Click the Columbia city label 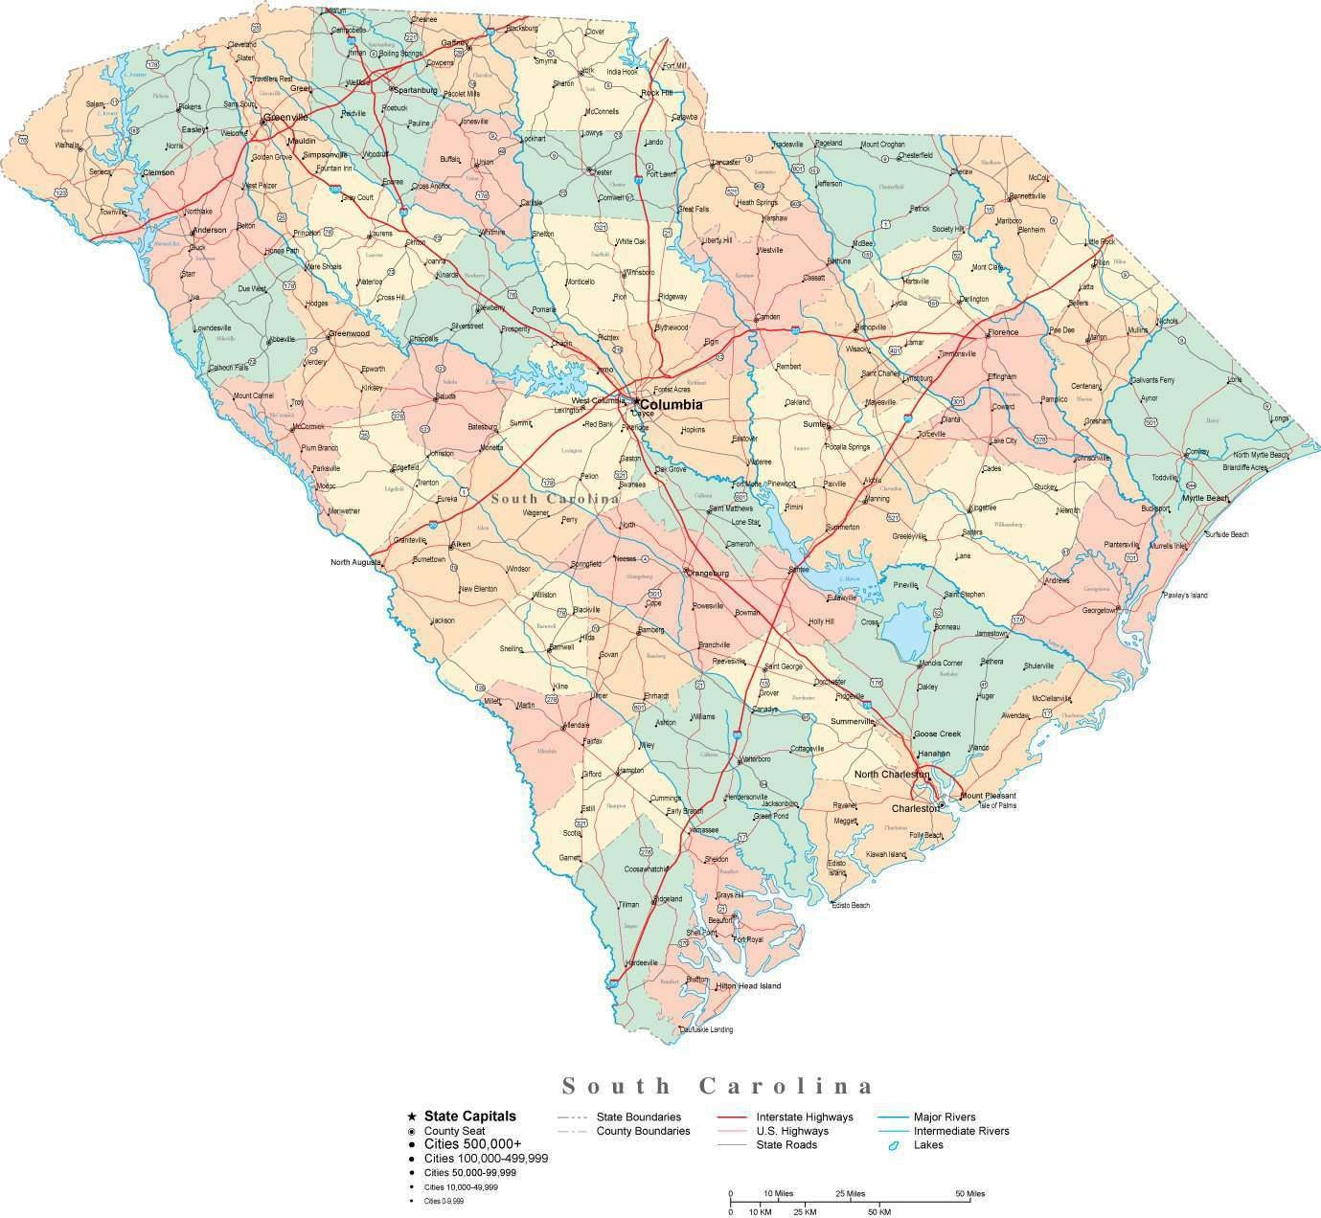pyautogui.click(x=671, y=405)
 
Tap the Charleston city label pyautogui.click(x=915, y=808)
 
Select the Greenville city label pyautogui.click(x=285, y=117)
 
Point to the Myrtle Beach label pyautogui.click(x=1204, y=499)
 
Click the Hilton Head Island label pyautogui.click(x=748, y=985)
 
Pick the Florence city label pyautogui.click(x=1003, y=332)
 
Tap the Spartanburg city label pyautogui.click(x=416, y=90)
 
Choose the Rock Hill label pyautogui.click(x=657, y=93)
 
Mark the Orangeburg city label pyautogui.click(x=708, y=574)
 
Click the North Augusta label pyautogui.click(x=355, y=562)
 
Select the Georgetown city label pyautogui.click(x=1099, y=610)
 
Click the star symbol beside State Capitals pyautogui.click(x=412, y=1116)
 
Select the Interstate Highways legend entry pyautogui.click(x=804, y=1116)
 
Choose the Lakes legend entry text pyautogui.click(x=928, y=1144)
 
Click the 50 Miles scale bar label pyautogui.click(x=969, y=1194)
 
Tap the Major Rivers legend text pyautogui.click(x=945, y=1116)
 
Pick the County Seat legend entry pyautogui.click(x=454, y=1131)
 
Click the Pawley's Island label pyautogui.click(x=1185, y=596)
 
